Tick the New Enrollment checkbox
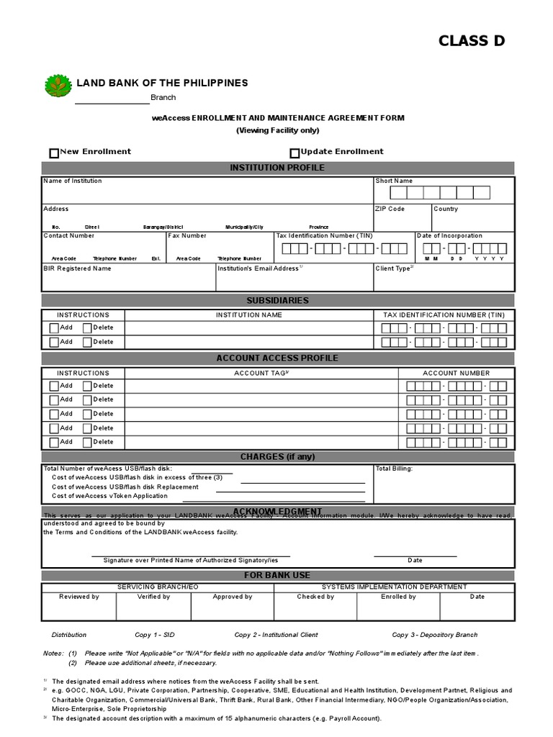tap(54, 153)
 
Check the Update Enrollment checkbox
tap(295, 153)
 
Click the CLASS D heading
tap(472, 41)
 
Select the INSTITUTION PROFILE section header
tap(277, 168)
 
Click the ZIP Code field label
tap(390, 209)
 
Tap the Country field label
tap(445, 209)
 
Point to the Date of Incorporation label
tap(449, 235)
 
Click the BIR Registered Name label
tap(78, 268)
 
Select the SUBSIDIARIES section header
tap(277, 300)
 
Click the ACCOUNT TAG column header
tap(261, 373)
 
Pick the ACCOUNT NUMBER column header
tap(456, 373)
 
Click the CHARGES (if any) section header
tap(277, 456)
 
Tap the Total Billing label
tap(394, 469)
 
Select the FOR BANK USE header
tap(277, 575)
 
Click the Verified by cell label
tap(153, 597)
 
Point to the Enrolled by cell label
tap(398, 597)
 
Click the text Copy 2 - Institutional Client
tap(276, 635)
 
